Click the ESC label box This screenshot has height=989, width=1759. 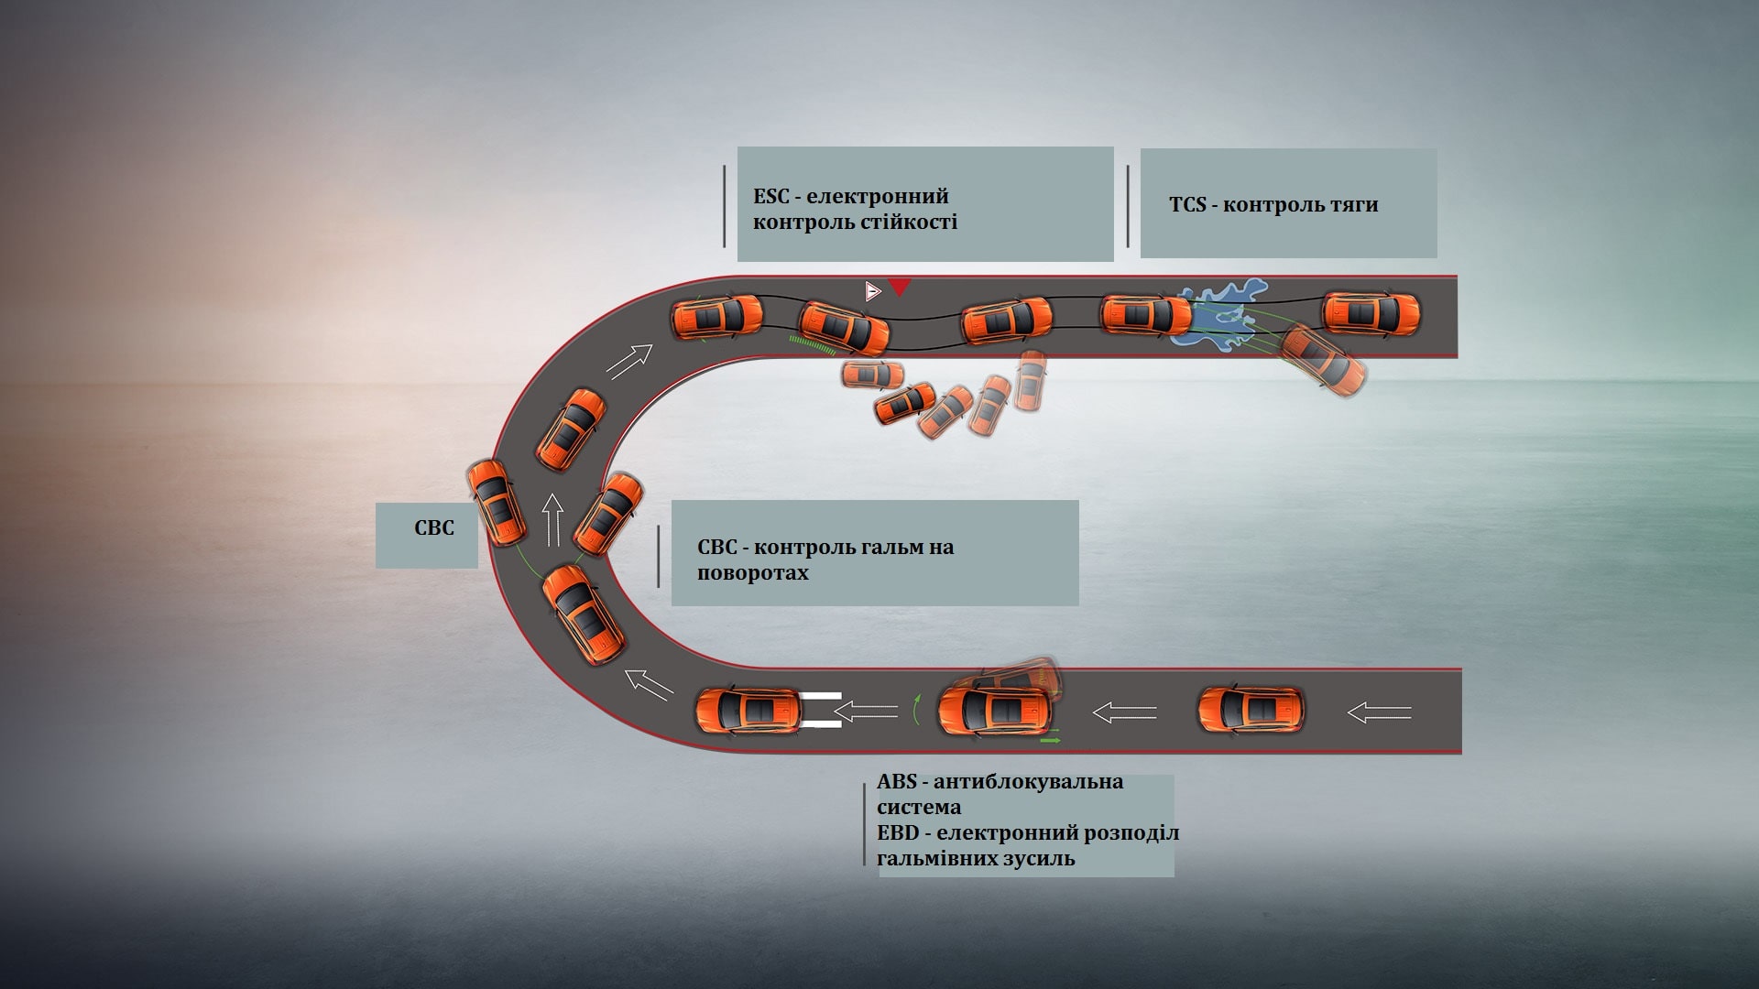coord(925,204)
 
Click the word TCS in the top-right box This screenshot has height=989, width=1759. coord(1187,204)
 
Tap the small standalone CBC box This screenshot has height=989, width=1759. coord(427,535)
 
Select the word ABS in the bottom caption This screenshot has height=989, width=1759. coord(897,782)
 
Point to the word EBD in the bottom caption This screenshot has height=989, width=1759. coord(898,833)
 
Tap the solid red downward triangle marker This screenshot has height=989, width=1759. coord(901,288)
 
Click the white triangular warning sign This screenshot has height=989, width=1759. coord(873,291)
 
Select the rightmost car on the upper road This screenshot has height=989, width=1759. coord(1371,313)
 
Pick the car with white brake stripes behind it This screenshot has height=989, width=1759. coord(748,711)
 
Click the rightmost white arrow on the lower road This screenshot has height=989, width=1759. coord(1380,712)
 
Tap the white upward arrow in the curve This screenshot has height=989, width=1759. coord(552,519)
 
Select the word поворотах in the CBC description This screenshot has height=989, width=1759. coord(753,573)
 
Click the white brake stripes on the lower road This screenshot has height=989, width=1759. coord(822,711)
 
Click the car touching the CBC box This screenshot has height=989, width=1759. coord(497,503)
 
